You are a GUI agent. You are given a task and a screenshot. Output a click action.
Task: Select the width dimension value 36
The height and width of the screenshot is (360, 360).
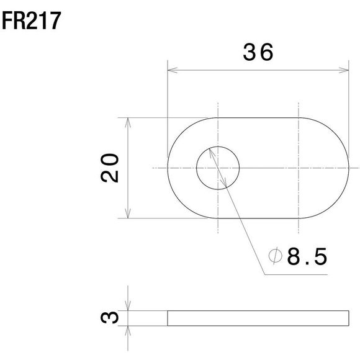click(258, 54)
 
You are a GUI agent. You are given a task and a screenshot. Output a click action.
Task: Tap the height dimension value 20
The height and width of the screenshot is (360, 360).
click(110, 168)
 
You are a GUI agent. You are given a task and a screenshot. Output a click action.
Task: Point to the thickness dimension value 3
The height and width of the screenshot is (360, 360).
click(110, 318)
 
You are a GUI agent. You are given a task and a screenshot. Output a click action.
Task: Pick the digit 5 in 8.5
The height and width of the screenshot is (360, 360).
click(319, 256)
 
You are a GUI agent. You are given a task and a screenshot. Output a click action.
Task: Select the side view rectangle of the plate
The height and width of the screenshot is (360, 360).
click(258, 318)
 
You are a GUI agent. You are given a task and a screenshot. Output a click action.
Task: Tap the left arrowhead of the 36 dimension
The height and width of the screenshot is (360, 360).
click(171, 71)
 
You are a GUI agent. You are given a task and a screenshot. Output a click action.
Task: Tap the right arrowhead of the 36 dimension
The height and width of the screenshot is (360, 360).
click(344, 71)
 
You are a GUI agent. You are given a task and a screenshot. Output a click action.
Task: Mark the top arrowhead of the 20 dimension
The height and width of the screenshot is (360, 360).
click(127, 121)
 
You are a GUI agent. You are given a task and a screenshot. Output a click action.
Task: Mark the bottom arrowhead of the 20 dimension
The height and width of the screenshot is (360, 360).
click(127, 214)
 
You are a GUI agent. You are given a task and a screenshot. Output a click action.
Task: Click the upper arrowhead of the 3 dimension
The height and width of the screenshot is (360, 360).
click(127, 307)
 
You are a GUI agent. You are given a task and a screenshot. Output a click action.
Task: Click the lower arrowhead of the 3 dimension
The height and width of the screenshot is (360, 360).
click(127, 329)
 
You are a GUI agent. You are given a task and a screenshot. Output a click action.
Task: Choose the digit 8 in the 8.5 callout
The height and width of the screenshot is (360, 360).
click(294, 256)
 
